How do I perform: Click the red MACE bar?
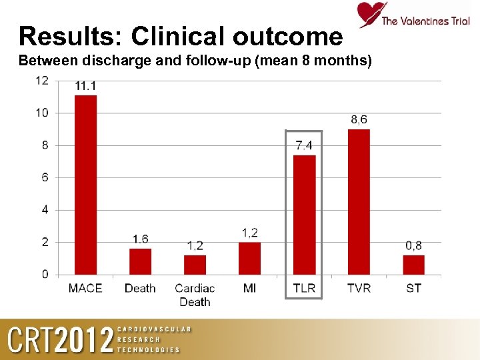(x=85, y=185)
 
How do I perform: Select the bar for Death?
(x=140, y=261)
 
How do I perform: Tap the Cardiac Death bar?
(x=195, y=265)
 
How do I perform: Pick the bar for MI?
(x=249, y=258)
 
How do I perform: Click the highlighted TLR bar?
(x=304, y=215)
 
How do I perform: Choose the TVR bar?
(x=359, y=201)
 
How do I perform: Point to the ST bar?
(x=413, y=265)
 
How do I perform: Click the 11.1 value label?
(x=85, y=86)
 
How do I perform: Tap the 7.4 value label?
(x=304, y=145)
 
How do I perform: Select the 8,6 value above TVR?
(x=359, y=119)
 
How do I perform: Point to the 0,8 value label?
(x=413, y=246)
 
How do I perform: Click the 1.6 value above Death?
(x=140, y=239)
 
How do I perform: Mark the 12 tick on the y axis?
(x=41, y=81)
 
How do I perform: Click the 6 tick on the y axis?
(x=45, y=177)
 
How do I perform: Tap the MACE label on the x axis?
(x=85, y=288)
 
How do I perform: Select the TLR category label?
(x=304, y=288)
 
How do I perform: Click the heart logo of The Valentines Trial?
(x=370, y=14)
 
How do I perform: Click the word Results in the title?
(x=71, y=36)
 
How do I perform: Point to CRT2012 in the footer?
(x=60, y=341)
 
